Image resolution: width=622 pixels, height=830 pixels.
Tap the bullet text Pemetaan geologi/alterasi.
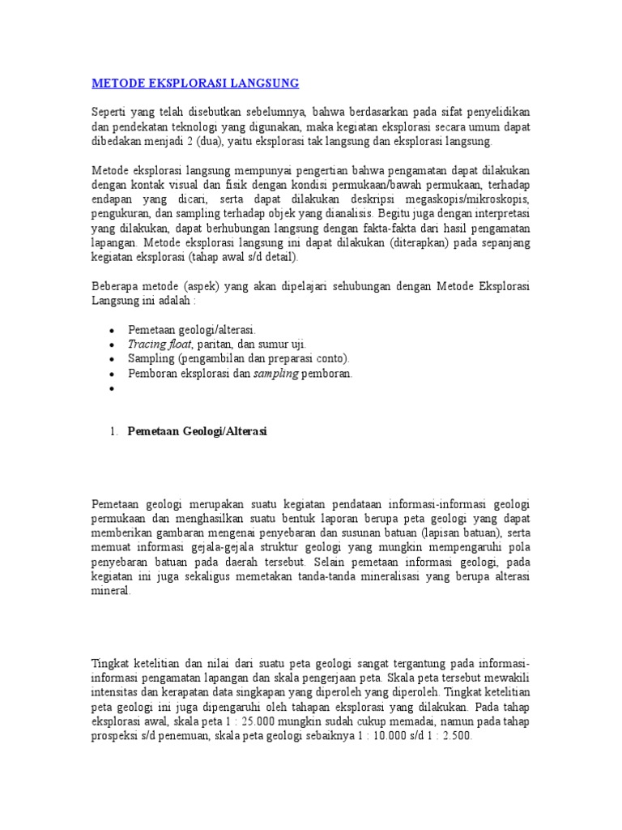click(192, 330)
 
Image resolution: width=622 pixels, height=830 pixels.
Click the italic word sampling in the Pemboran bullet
click(277, 374)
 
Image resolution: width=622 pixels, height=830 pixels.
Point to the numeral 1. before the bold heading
click(114, 432)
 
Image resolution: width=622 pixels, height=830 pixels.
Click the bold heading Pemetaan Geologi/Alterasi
click(198, 432)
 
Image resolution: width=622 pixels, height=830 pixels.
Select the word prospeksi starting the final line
click(115, 736)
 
